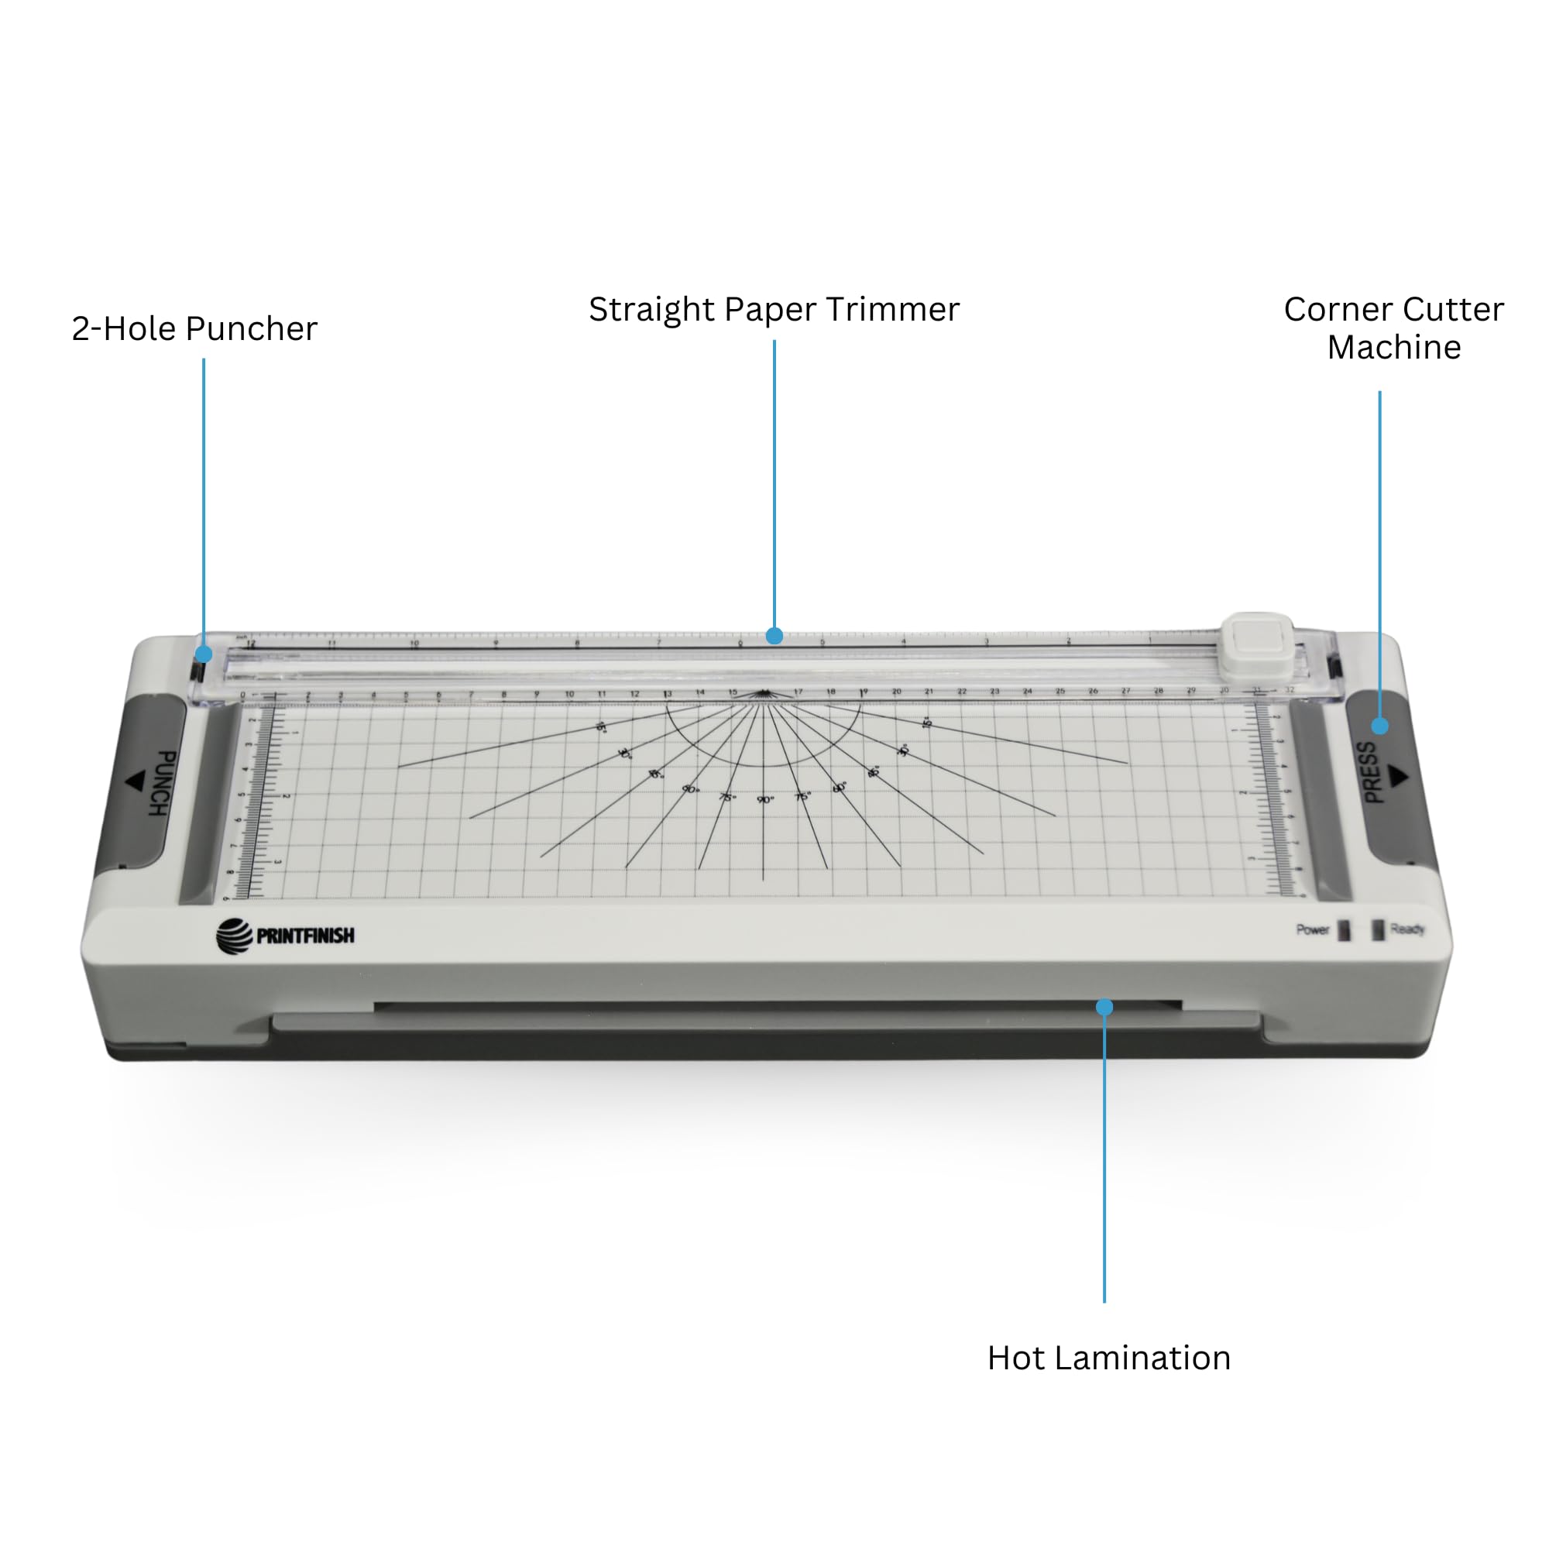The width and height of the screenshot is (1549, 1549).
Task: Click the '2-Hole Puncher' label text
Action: (x=194, y=328)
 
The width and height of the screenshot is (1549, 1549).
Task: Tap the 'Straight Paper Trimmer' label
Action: (x=774, y=310)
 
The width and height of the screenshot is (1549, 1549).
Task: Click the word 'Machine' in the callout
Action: (x=1393, y=347)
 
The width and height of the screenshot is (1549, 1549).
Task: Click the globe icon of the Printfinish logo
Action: (x=234, y=936)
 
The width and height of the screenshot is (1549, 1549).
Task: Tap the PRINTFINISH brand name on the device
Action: (x=305, y=936)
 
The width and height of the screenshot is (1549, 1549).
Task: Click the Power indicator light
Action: (x=1345, y=930)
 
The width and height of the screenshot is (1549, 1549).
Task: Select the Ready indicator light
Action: (x=1377, y=930)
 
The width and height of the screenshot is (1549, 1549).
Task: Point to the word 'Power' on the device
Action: (x=1313, y=929)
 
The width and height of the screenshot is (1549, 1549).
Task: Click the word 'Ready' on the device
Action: (x=1407, y=929)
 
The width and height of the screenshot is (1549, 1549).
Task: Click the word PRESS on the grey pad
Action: (x=1371, y=773)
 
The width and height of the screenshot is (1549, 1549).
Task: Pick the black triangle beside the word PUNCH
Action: (x=135, y=780)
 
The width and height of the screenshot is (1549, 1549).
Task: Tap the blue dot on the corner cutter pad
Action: (x=1380, y=726)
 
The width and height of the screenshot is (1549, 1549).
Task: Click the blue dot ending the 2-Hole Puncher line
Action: (x=204, y=654)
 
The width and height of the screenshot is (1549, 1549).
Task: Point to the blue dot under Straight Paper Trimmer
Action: (x=774, y=636)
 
